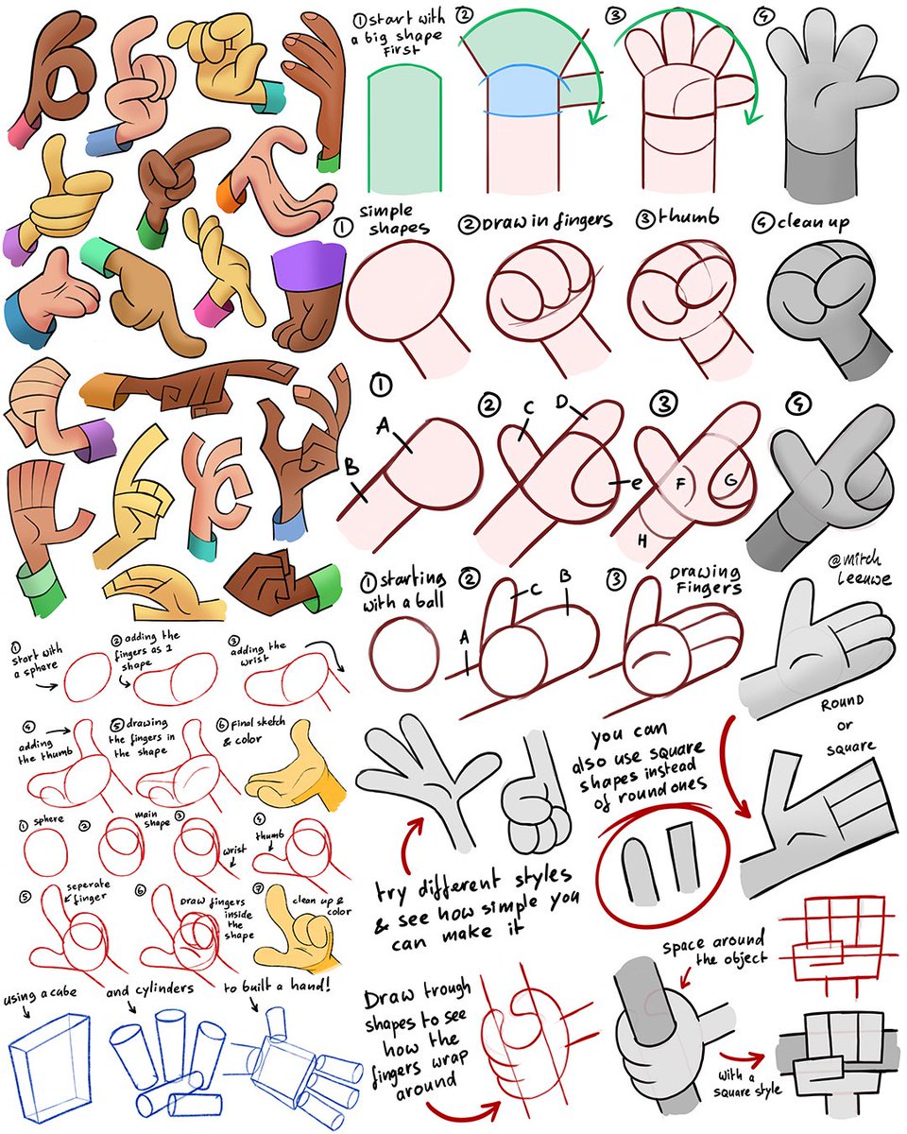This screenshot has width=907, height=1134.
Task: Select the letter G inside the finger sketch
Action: (728, 480)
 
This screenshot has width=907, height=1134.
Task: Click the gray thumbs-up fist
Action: (534, 796)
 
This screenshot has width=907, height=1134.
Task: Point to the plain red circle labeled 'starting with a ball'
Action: (403, 656)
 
